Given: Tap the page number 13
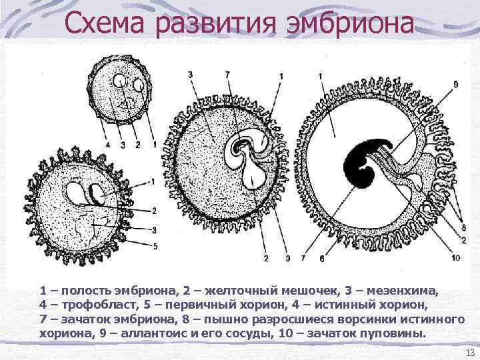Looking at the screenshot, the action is click(x=467, y=352).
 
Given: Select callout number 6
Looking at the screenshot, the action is click(x=321, y=257).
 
